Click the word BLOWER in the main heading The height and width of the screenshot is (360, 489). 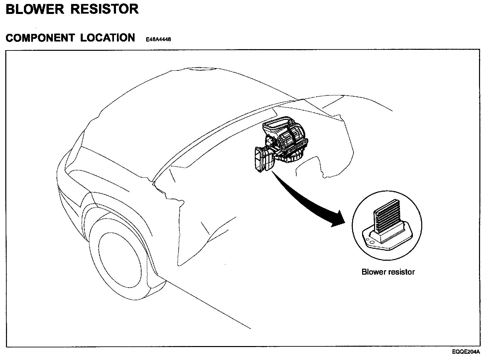[x=35, y=9]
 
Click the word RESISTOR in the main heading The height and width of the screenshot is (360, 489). [x=105, y=9]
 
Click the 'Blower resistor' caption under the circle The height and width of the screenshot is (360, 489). [x=388, y=272]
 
